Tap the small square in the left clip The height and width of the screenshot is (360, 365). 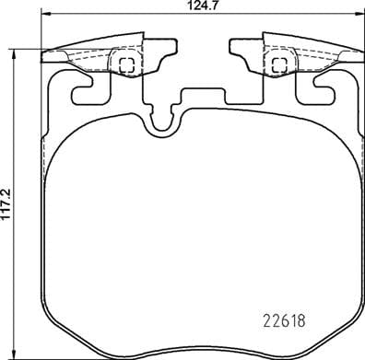pos(127,64)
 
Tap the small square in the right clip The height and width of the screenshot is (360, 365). pos(276,64)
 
